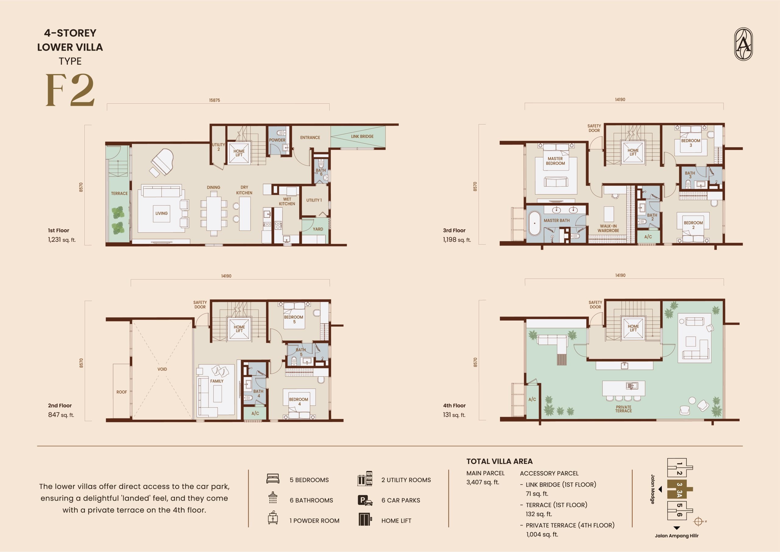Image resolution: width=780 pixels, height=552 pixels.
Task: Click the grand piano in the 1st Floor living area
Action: tap(162, 163)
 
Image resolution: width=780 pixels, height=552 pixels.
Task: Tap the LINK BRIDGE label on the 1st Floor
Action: tap(362, 136)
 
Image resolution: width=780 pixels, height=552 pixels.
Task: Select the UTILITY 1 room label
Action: tap(314, 200)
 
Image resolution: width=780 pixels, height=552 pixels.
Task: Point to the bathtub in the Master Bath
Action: tap(535, 224)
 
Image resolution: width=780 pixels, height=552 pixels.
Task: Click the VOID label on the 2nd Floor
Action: tap(162, 369)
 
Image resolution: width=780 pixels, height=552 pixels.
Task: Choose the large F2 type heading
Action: tap(70, 90)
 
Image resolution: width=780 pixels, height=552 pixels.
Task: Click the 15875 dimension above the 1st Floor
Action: tap(214, 100)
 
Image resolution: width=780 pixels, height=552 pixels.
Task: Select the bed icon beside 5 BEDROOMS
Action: tap(273, 479)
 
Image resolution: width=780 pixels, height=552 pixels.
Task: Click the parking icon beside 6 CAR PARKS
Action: tap(365, 500)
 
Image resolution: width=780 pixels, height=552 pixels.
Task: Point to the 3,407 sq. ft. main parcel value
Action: tap(483, 482)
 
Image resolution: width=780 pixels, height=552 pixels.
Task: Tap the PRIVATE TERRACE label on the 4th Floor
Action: tap(623, 409)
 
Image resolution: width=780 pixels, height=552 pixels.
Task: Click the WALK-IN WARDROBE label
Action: tap(608, 228)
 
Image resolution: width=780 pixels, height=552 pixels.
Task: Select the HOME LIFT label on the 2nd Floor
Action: tap(239, 328)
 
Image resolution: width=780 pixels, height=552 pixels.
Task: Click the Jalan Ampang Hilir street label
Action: tap(677, 536)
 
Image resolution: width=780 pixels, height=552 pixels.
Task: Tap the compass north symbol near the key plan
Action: tap(698, 522)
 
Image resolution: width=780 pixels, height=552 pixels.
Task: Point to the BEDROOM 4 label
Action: tap(298, 402)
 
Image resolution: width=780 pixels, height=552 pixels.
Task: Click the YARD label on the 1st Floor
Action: tap(318, 229)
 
